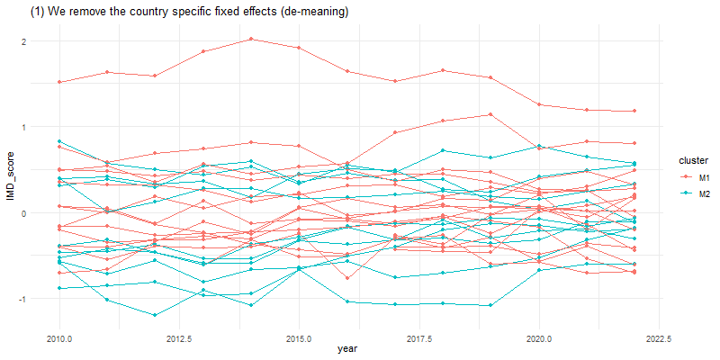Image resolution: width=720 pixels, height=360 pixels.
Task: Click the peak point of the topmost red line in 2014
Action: point(251,39)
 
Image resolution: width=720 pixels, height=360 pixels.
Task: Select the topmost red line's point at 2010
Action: point(59,82)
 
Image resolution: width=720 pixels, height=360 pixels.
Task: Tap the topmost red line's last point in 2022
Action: point(634,111)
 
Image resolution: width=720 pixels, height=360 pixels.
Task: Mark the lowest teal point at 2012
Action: point(155,315)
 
